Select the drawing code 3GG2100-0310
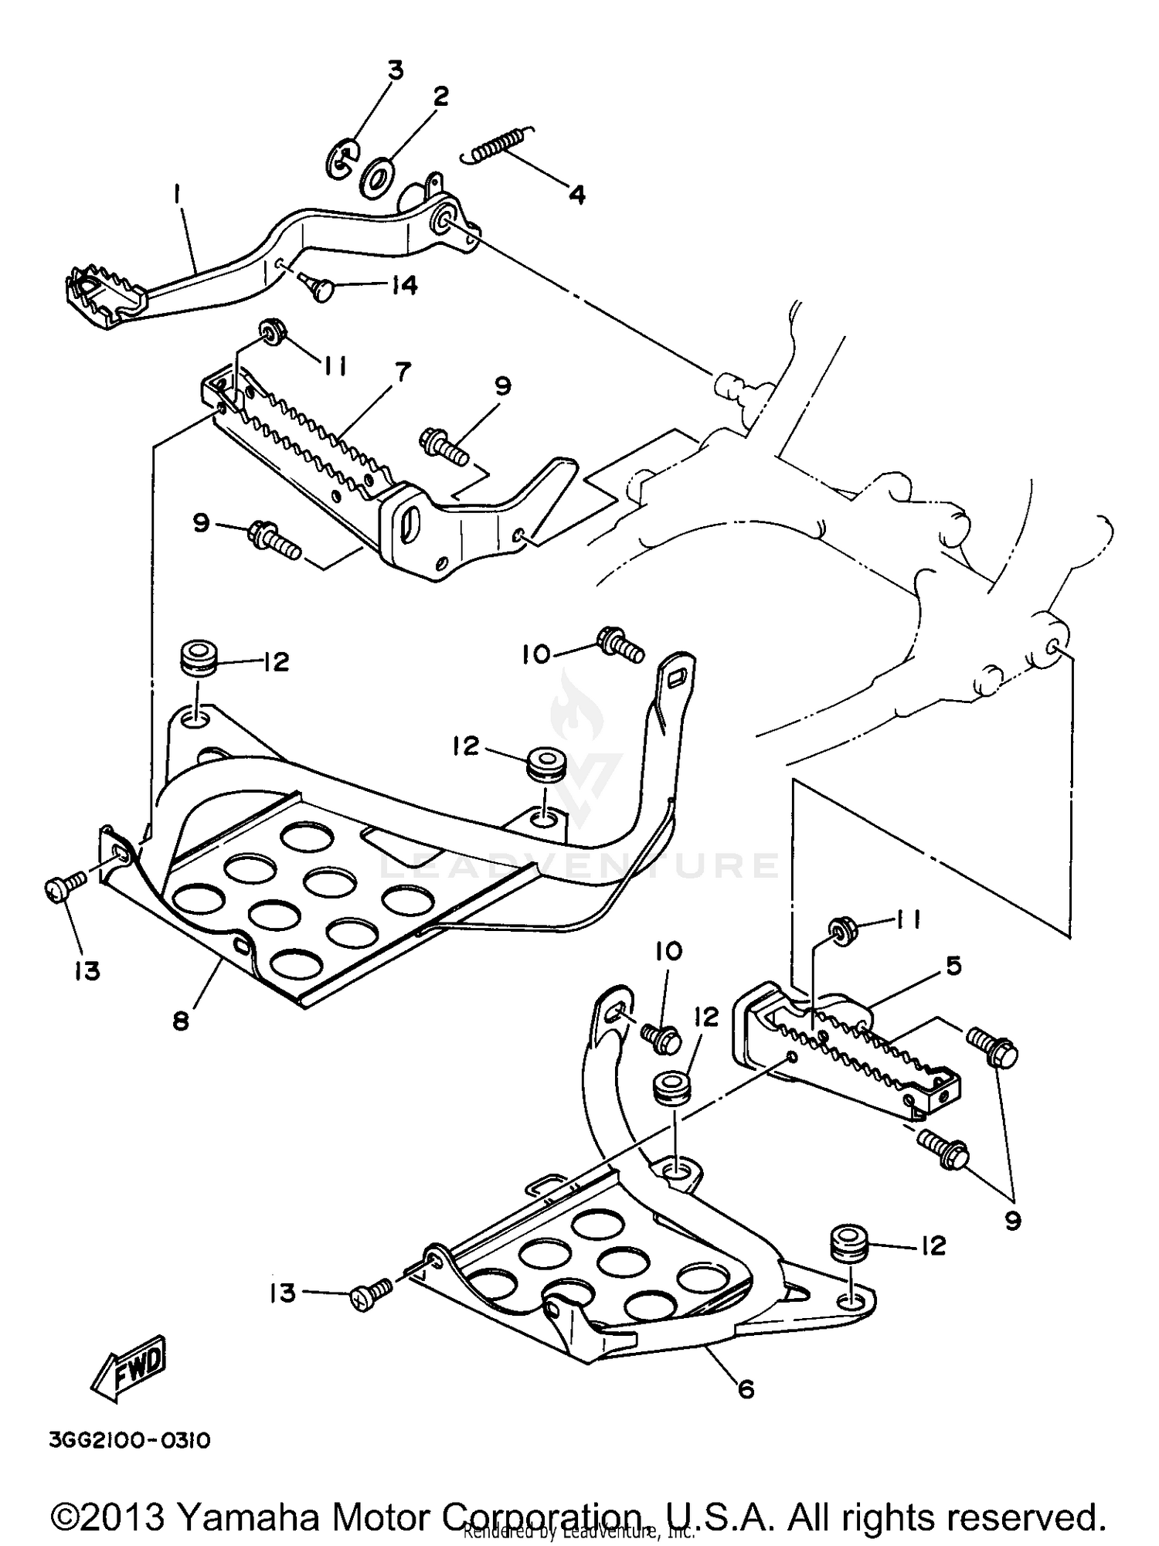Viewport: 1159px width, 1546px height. (x=130, y=1441)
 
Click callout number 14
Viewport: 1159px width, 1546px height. (x=403, y=285)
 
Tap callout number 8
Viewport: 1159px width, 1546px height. (x=180, y=1021)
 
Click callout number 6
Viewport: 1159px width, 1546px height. (x=745, y=1389)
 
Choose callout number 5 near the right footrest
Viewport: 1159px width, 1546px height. (x=953, y=965)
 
